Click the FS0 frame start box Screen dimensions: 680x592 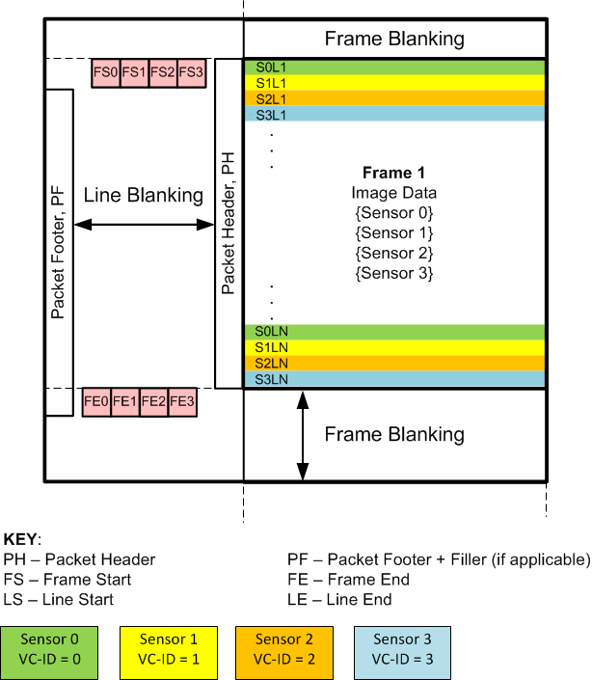coord(106,72)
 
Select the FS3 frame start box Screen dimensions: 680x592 coord(192,72)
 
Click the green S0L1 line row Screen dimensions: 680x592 coord(394,68)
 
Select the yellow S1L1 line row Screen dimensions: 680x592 coord(394,83)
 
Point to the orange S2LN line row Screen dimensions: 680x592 coord(394,364)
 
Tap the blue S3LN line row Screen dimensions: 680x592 coord(394,380)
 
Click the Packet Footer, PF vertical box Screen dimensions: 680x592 coord(59,253)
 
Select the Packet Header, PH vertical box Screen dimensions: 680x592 coord(229,224)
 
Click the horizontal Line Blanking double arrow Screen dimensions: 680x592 coord(144,225)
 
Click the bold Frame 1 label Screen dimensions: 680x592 coord(393,174)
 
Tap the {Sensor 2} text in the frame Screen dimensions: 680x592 coord(393,254)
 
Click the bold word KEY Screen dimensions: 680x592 coord(22,539)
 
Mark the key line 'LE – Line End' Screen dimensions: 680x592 coord(339,600)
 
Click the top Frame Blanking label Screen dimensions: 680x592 coord(394,40)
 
